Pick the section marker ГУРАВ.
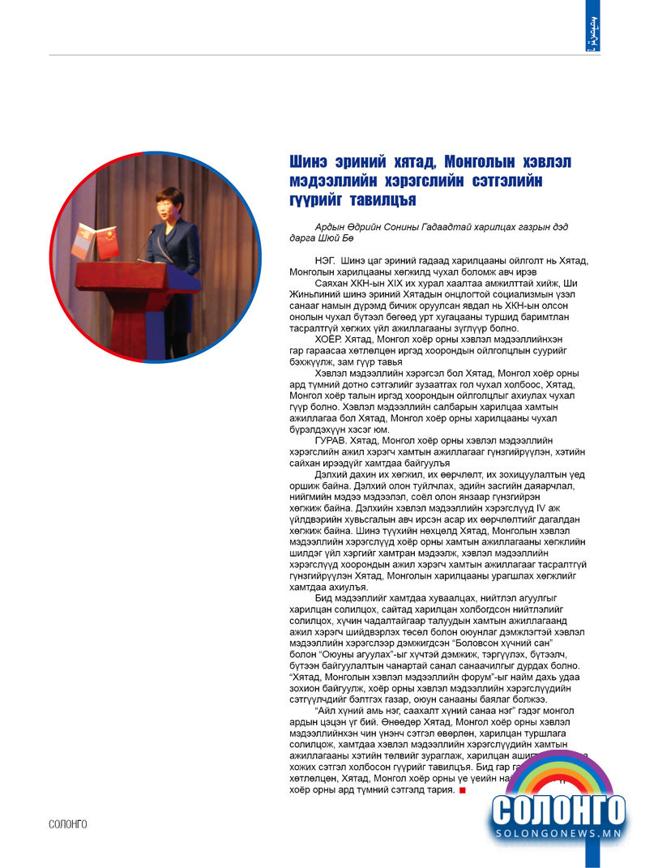[x=331, y=438]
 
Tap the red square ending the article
[x=463, y=790]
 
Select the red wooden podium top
[x=138, y=276]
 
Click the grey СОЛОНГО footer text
[x=68, y=824]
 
